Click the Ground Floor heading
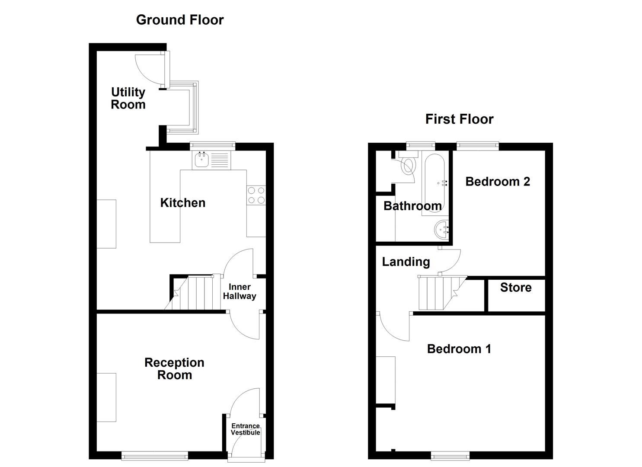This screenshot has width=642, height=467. click(x=180, y=20)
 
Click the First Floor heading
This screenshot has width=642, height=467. click(x=459, y=119)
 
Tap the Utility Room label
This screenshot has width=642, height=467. click(x=128, y=98)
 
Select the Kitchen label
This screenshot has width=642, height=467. click(x=182, y=203)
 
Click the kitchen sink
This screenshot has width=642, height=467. click(x=201, y=160)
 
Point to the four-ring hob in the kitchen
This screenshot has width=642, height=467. click(x=256, y=195)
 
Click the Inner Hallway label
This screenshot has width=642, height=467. click(x=240, y=291)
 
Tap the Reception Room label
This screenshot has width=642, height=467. click(x=174, y=369)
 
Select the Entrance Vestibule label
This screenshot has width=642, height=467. click(x=245, y=429)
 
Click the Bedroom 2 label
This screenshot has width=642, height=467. click(x=498, y=182)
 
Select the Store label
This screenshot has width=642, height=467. click(x=516, y=288)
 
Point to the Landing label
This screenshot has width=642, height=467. click(x=406, y=262)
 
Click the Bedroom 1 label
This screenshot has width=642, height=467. click(x=459, y=349)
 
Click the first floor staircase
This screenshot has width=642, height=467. click(x=439, y=293)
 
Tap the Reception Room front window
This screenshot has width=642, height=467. click(x=154, y=455)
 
